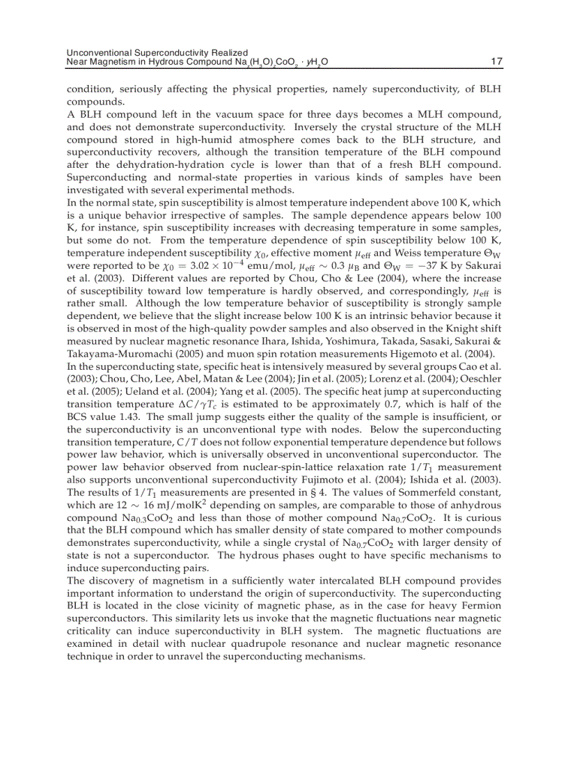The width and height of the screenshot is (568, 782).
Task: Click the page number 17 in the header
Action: (496, 62)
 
